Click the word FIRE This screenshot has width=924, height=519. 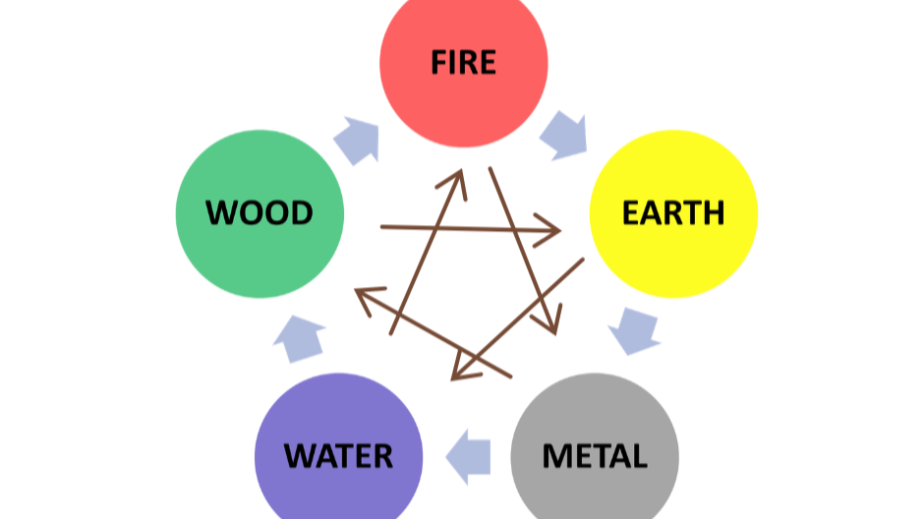pos(463,63)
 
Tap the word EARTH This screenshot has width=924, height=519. pos(673,211)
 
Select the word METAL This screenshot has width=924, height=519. pos(595,456)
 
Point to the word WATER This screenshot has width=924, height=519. pos(338,456)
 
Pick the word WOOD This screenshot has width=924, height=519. pos(260,211)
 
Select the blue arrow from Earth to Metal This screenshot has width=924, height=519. pos(633,330)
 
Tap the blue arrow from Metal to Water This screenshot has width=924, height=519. pos(469,455)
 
